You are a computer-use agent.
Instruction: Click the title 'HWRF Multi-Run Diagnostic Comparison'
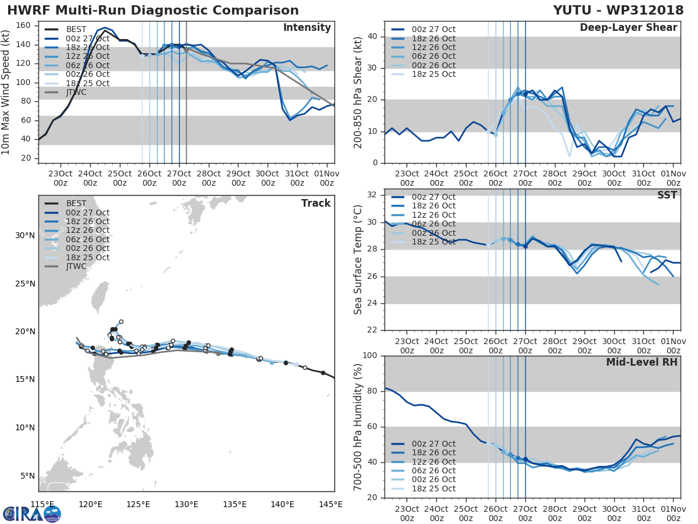pyautogui.click(x=153, y=10)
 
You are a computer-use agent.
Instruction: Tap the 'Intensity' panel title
pyautogui.click(x=307, y=28)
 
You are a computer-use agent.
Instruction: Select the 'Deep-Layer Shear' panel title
pyautogui.click(x=628, y=28)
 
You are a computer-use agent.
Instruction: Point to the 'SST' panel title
pyautogui.click(x=667, y=195)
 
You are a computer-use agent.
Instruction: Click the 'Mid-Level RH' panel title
pyautogui.click(x=642, y=362)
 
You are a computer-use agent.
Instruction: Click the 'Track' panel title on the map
pyautogui.click(x=316, y=203)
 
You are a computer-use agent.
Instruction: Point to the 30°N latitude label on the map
pyautogui.click(x=24, y=236)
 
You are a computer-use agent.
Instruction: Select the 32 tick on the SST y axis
pyautogui.click(x=372, y=195)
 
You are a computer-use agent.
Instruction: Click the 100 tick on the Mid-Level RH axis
pyautogui.click(x=369, y=356)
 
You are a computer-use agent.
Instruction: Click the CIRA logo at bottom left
pyautogui.click(x=31, y=514)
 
